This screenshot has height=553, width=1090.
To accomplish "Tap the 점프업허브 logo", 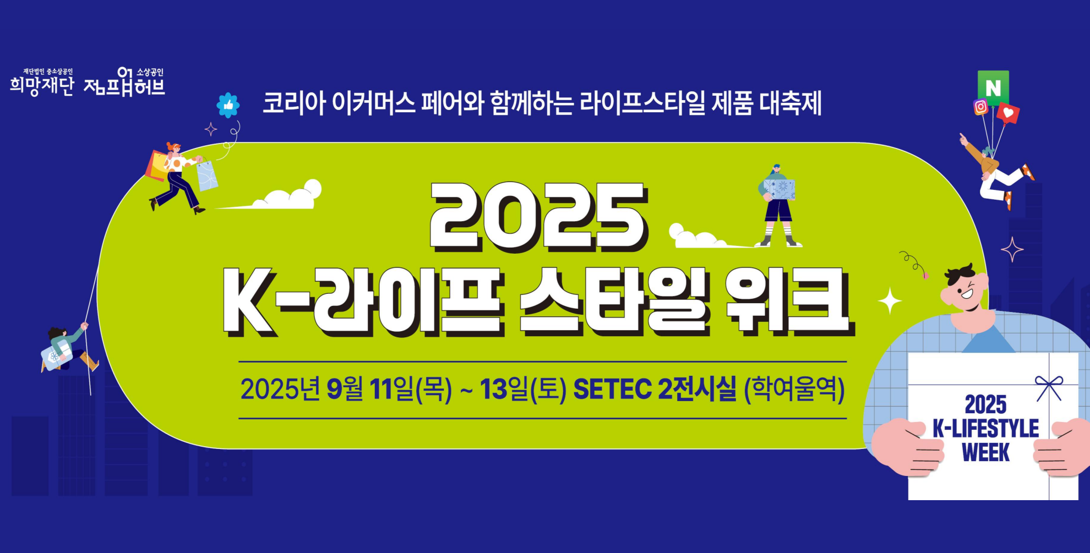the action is tap(124, 82).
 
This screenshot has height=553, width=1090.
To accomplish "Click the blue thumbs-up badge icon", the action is tap(228, 105).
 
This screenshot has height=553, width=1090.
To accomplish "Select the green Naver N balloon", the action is tap(993, 87).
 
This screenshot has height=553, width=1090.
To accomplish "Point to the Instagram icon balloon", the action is tap(981, 107).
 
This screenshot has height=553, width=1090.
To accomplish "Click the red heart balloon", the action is tap(1008, 113).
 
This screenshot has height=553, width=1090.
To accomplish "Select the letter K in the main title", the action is tap(249, 302).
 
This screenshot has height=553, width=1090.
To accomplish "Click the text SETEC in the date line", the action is tap(612, 390).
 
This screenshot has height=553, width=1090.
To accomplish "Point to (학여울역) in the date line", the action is tap(794, 390).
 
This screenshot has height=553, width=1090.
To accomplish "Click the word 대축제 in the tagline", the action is tap(791, 103).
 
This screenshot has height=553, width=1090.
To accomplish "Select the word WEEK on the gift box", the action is tap(985, 452).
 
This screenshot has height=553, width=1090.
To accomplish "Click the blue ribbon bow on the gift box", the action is tap(1049, 387).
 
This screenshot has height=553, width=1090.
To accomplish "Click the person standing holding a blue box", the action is tap(778, 205).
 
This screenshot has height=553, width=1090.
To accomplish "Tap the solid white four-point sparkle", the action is tap(890, 301).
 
